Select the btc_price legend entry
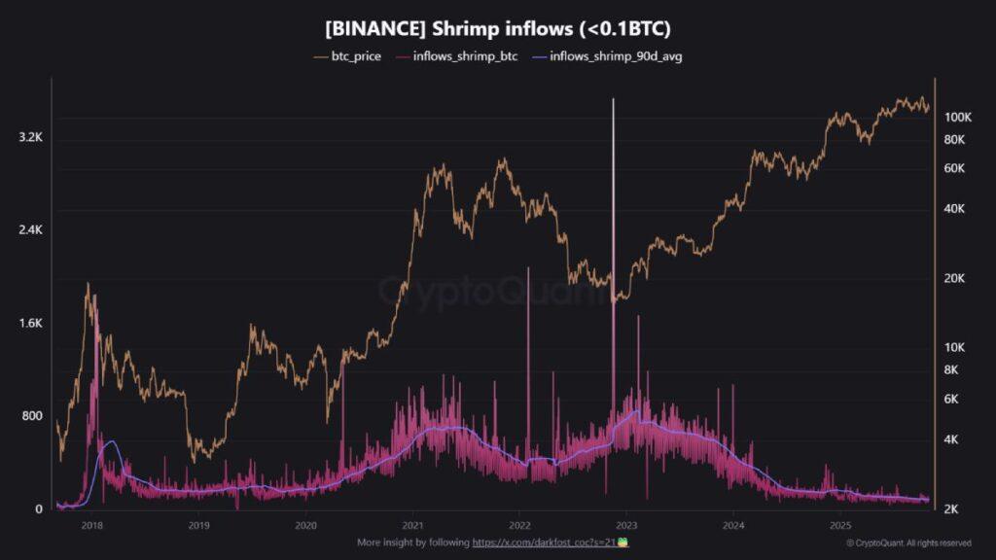click(348, 56)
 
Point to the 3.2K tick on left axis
click(30, 138)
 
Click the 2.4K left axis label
click(30, 230)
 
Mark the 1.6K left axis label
click(30, 323)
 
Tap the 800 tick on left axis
click(32, 416)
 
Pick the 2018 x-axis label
click(92, 525)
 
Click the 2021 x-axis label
click(412, 525)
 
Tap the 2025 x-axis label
click(840, 525)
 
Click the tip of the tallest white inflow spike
click(613, 99)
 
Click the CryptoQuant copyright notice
click(908, 542)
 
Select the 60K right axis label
click(954, 168)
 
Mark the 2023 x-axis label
click(626, 525)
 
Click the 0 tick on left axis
click(39, 509)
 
